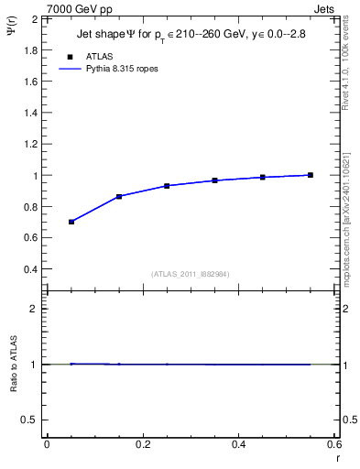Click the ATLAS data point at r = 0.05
click(x=71, y=222)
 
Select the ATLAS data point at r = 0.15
click(x=119, y=196)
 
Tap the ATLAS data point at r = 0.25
click(x=167, y=186)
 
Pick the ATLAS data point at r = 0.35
click(x=214, y=180)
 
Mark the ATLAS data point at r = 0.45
click(x=262, y=177)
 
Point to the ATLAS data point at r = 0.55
click(x=311, y=175)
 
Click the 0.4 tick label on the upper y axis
click(x=31, y=269)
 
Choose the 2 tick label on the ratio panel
click(x=34, y=309)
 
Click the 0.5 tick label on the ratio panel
click(x=31, y=420)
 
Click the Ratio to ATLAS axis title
click(x=14, y=365)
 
